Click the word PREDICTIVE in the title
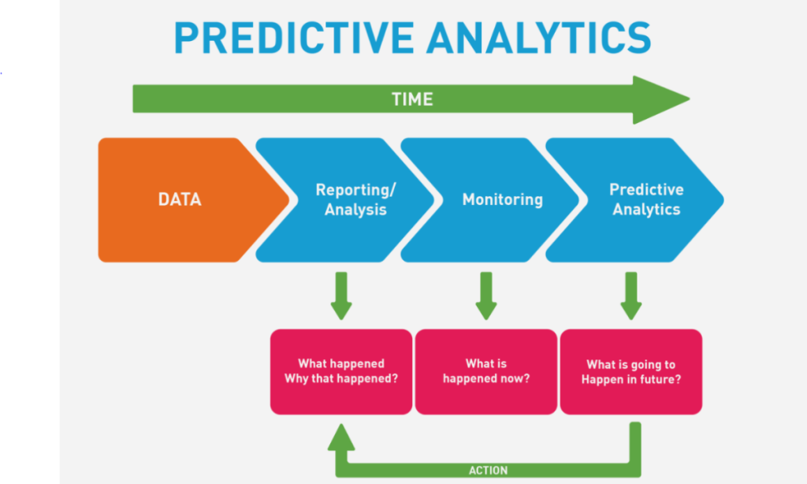[x=295, y=38]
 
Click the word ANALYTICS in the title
[x=539, y=38]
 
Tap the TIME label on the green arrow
[x=412, y=99]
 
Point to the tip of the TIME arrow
[x=690, y=99]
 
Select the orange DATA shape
[x=193, y=199]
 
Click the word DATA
[x=180, y=199]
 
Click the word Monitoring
[x=502, y=199]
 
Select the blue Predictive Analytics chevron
[x=634, y=199]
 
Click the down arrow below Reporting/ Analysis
[x=341, y=296]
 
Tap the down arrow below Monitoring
[x=486, y=296]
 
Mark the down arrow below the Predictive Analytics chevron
[x=631, y=296]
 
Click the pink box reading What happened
[x=341, y=372]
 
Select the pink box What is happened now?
[x=486, y=372]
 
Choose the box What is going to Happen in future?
[x=631, y=372]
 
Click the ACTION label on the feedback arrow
[x=488, y=470]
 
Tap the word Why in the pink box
[x=296, y=379]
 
